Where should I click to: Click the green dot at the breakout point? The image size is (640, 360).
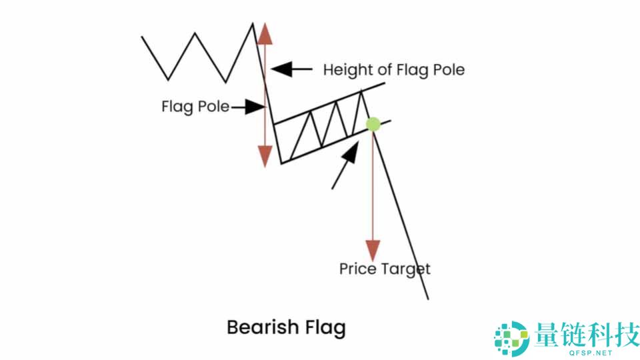click(x=373, y=124)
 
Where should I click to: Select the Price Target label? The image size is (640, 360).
click(x=385, y=269)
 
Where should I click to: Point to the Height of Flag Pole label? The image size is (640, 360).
click(x=393, y=69)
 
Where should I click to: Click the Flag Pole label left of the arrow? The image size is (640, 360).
click(x=195, y=107)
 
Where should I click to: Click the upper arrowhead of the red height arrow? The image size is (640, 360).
click(x=265, y=33)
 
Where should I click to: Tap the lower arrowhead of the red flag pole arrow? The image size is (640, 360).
click(x=265, y=155)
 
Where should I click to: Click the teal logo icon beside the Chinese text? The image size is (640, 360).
click(x=510, y=337)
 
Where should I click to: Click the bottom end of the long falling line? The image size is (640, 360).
click(x=427, y=298)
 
